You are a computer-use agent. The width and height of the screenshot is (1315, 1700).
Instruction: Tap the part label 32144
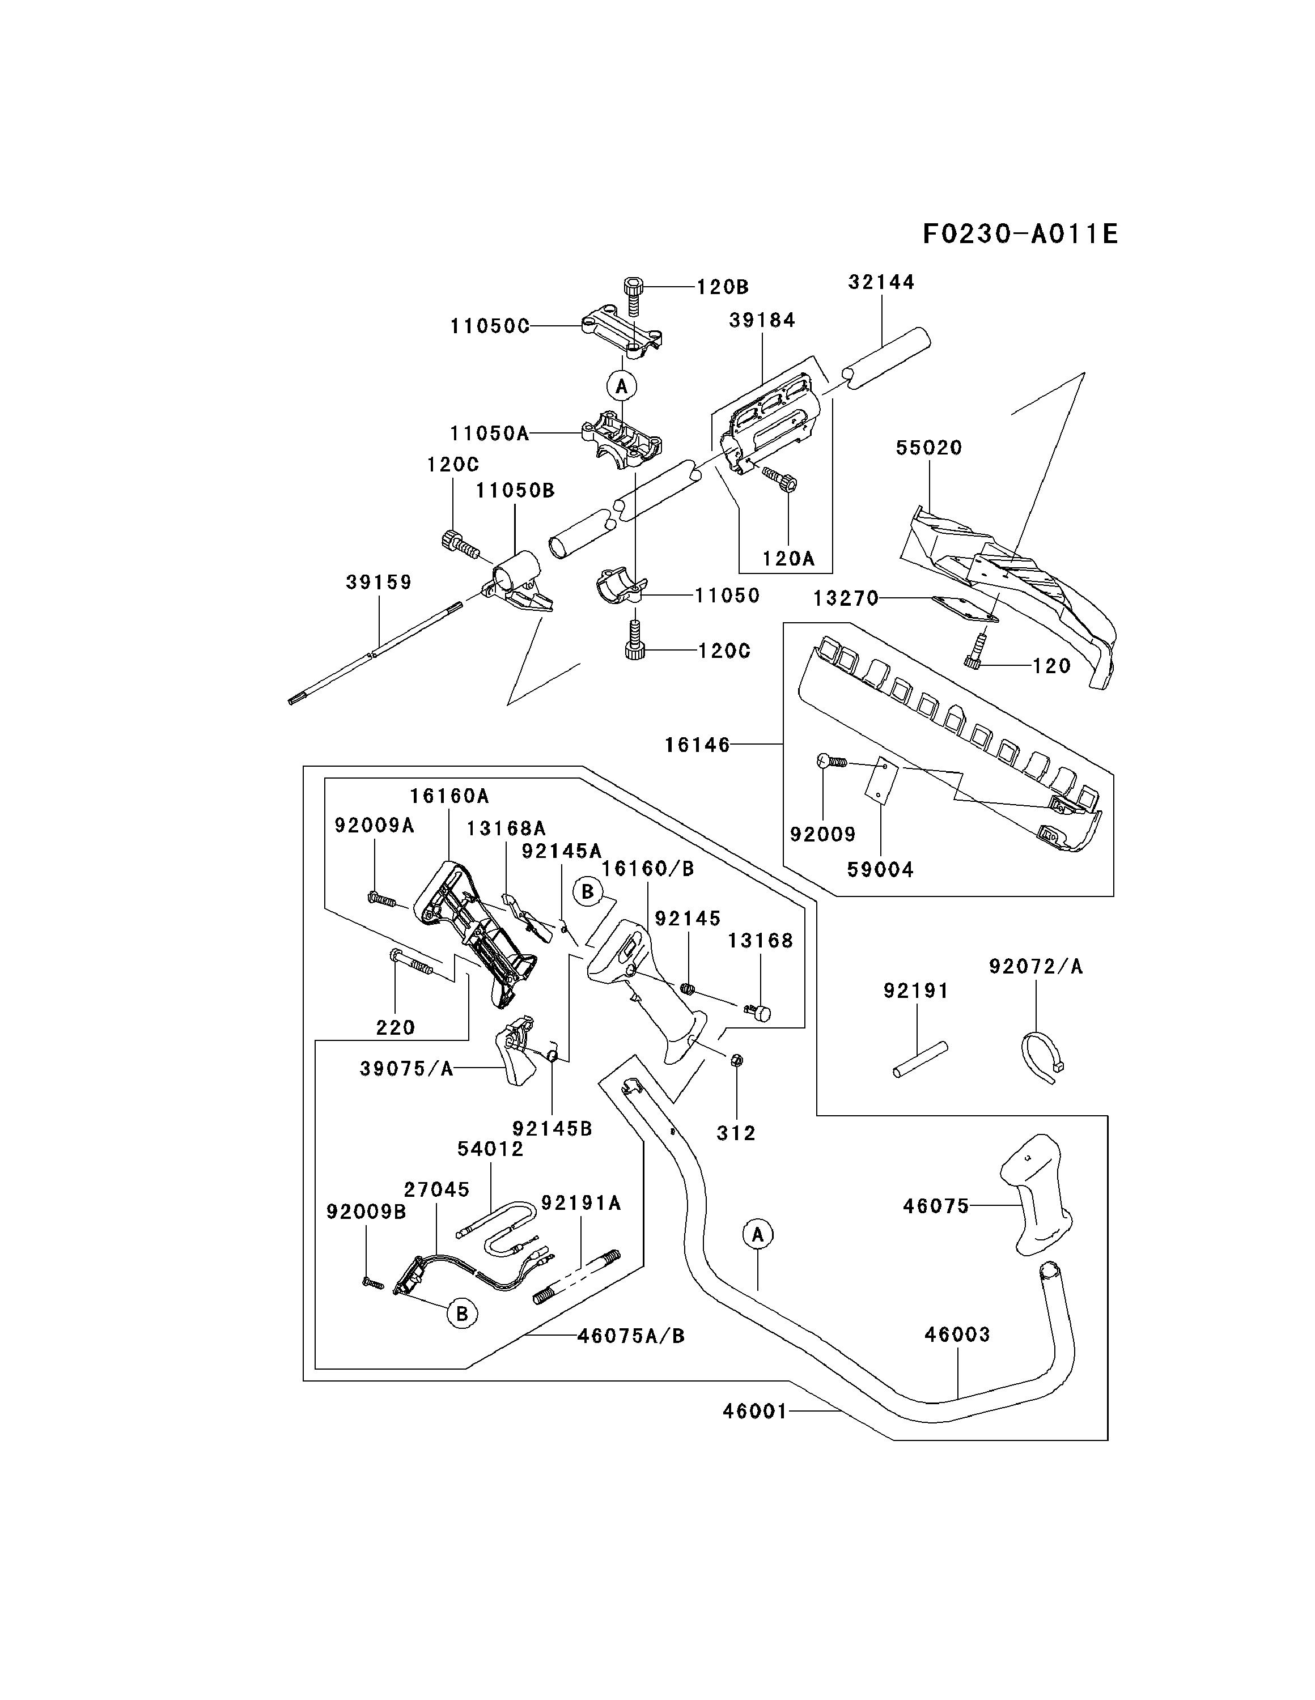pos(881,282)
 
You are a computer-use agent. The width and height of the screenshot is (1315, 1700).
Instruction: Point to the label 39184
pos(762,320)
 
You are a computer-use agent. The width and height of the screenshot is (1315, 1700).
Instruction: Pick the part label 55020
pos(929,448)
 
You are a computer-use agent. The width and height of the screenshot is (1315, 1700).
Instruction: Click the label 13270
pos(846,598)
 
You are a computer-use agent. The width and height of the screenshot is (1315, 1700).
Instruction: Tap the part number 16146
pos(698,745)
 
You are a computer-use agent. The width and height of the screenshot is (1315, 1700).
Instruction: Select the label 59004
pos(881,869)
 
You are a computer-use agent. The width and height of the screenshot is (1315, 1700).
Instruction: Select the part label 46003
pos(958,1334)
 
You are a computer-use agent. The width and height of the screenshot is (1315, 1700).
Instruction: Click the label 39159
pos(379,582)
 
